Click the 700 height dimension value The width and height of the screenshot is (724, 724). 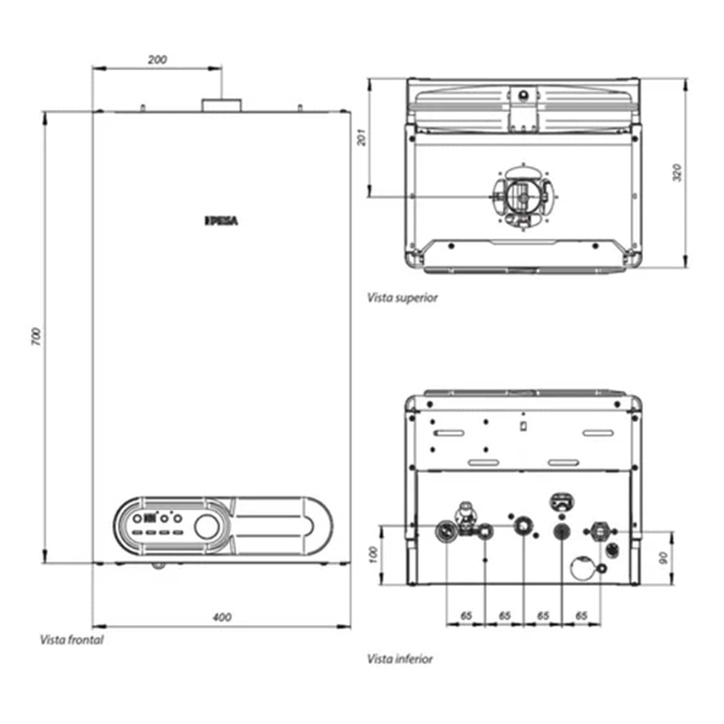(36, 337)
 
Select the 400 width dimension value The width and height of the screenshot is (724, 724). (223, 617)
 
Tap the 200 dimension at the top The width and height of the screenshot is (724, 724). (157, 59)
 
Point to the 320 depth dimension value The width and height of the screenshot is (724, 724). (677, 173)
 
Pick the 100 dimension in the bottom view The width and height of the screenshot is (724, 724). (373, 554)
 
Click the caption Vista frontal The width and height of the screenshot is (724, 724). (71, 640)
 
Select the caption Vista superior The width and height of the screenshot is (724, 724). (402, 298)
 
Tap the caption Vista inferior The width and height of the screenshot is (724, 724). (400, 659)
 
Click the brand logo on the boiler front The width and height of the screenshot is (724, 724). (221, 221)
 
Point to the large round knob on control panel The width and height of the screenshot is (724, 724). (206, 526)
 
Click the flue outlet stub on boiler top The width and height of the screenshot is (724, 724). (221, 106)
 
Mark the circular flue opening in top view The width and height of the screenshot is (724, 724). (522, 195)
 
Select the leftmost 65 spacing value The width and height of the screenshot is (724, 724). (466, 615)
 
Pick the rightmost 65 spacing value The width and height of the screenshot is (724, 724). (581, 615)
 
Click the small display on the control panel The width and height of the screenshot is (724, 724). (149, 518)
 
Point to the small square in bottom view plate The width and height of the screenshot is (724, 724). (523, 426)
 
